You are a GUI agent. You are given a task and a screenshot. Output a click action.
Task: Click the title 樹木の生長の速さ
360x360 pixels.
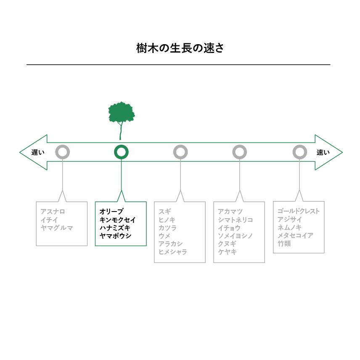180,48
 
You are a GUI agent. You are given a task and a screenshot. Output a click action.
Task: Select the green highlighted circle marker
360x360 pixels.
121,152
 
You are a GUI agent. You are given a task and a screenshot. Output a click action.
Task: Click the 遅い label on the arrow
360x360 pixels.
37,152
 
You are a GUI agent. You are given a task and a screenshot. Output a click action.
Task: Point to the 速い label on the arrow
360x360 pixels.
323,152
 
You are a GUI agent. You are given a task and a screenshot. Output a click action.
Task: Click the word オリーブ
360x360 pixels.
111,211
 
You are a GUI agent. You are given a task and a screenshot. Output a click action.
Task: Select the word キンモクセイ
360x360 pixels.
118,220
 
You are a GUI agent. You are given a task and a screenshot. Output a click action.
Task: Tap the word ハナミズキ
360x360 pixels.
115,228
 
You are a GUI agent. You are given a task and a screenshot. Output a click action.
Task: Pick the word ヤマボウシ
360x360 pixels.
115,236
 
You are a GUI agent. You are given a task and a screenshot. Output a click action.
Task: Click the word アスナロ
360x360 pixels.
53,211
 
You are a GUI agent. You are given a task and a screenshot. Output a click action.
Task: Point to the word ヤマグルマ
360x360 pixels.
57,228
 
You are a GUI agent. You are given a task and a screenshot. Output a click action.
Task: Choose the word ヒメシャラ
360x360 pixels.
173,252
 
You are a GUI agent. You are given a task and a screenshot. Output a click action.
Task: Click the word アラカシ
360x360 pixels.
170,244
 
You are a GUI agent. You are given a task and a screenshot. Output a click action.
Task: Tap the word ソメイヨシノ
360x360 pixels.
235,236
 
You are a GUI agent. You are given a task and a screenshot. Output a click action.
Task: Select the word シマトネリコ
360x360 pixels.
235,220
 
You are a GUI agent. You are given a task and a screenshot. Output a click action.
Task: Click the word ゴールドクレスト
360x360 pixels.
298,211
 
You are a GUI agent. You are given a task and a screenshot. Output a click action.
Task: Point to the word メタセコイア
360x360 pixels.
295,236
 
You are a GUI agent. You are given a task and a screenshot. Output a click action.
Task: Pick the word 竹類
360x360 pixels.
284,244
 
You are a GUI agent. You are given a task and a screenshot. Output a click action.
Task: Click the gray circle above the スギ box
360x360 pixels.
180,152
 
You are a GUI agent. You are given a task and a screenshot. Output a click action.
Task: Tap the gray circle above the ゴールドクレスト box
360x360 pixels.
299,152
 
